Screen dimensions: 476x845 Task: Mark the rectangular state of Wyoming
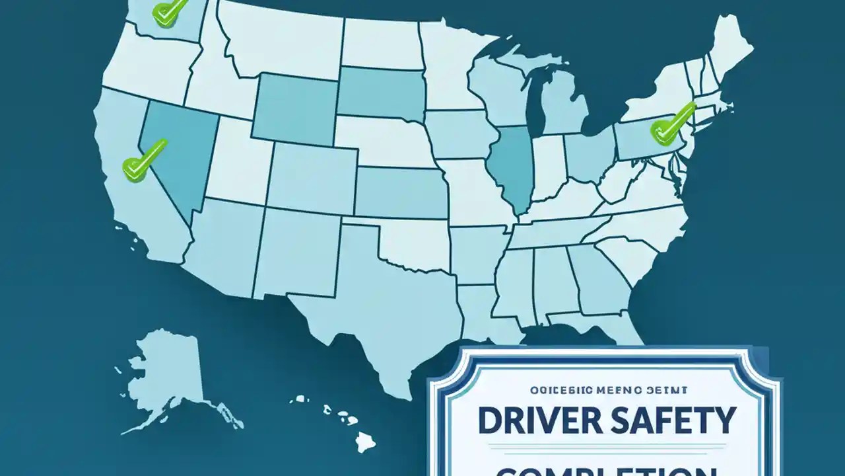point(295,109)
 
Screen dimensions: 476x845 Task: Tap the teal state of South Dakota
point(376,93)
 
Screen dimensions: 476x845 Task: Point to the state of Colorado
point(310,175)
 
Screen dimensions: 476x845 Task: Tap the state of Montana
point(284,36)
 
